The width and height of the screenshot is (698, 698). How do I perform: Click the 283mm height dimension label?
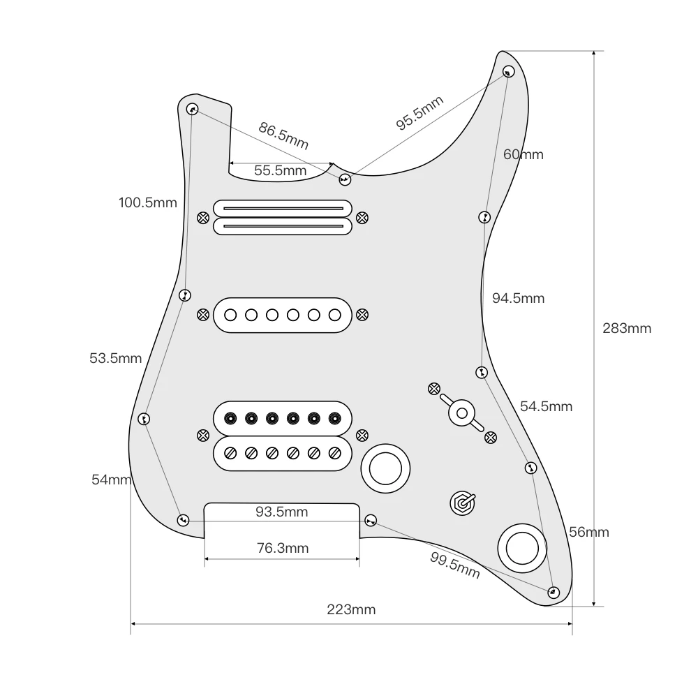(x=627, y=328)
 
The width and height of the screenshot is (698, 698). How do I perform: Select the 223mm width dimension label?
(x=351, y=609)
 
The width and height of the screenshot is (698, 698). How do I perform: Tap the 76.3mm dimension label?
(x=282, y=548)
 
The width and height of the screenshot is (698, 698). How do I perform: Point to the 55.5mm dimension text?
(x=280, y=170)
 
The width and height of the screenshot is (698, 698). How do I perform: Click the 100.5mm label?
(x=147, y=203)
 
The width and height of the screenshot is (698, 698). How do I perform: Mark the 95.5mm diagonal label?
(x=419, y=112)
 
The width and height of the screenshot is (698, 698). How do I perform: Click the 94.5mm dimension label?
(x=518, y=298)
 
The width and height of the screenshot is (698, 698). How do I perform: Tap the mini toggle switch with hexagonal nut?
(x=462, y=502)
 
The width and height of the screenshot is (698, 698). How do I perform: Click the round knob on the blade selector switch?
(x=461, y=413)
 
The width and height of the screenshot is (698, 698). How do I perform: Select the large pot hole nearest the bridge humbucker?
(x=383, y=468)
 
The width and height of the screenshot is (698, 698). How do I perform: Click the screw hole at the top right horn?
(x=508, y=70)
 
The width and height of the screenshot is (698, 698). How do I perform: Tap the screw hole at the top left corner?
(x=192, y=110)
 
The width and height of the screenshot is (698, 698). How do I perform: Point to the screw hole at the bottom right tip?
(x=553, y=592)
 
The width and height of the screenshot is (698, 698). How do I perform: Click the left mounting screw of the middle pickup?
(x=202, y=315)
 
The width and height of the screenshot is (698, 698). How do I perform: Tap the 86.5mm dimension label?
(x=283, y=135)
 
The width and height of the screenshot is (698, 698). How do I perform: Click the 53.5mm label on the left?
(x=115, y=359)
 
